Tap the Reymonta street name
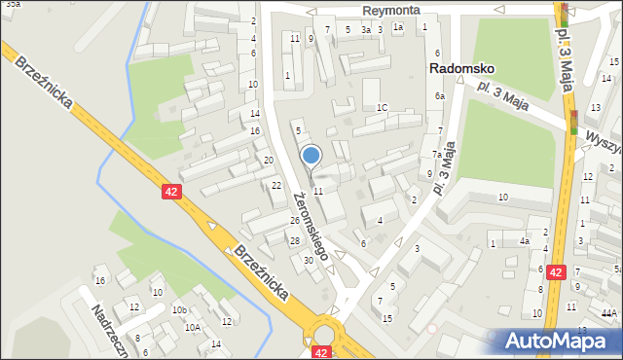[x=391, y=10]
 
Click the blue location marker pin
[x=311, y=156]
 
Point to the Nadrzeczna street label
[x=110, y=330]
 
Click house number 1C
[x=383, y=107]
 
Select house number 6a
[x=440, y=95]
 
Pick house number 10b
[x=179, y=309]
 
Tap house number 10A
[x=193, y=328]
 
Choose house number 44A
[x=609, y=312]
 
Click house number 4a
[x=524, y=240]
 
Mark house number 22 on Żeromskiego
[x=276, y=185]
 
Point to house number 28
[x=294, y=240]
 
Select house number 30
[x=309, y=260]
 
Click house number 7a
[x=438, y=154]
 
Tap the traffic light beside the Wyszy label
[x=574, y=123]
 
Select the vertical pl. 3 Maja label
[x=563, y=58]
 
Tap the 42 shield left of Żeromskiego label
[x=171, y=192]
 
